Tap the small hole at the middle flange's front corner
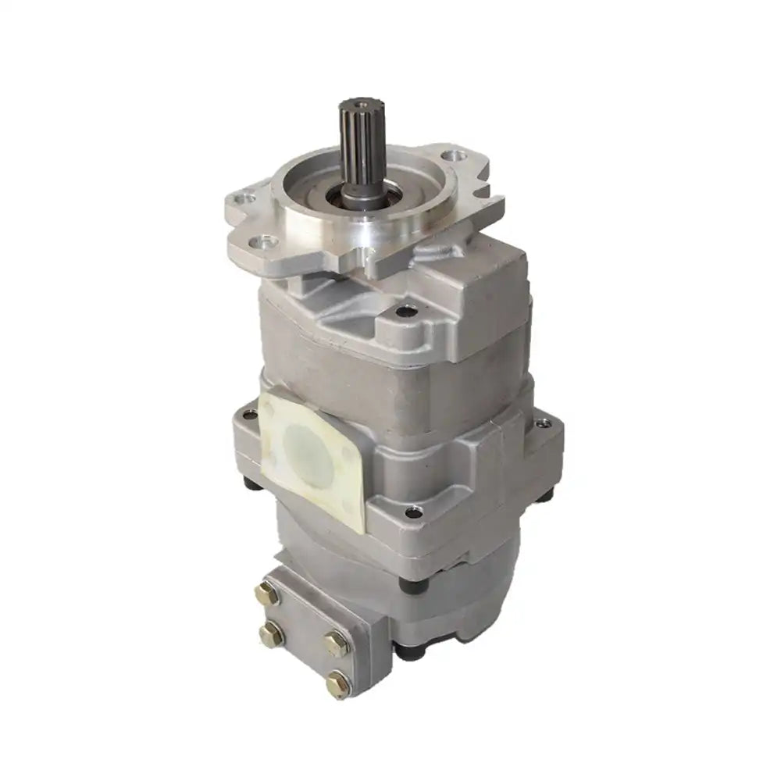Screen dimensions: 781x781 (x=414, y=512)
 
